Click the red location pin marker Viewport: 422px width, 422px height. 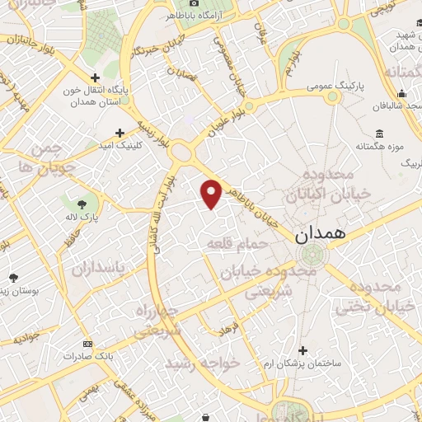pos(212,194)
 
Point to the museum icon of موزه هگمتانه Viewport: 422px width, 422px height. pos(378,134)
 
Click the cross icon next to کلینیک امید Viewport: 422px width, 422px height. pos(121,132)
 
